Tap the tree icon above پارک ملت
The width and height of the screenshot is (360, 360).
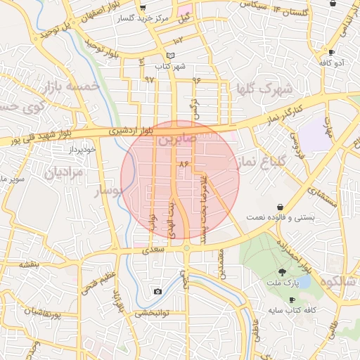coord(282,272)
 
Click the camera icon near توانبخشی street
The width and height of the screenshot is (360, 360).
coord(157,291)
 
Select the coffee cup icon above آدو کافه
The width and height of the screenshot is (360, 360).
coord(331,52)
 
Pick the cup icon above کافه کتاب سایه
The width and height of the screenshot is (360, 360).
coord(291,300)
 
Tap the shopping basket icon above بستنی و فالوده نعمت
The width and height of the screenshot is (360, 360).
coord(281,207)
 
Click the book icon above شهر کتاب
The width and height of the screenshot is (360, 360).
coord(169,56)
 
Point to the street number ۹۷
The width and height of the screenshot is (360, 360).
coord(148,79)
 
